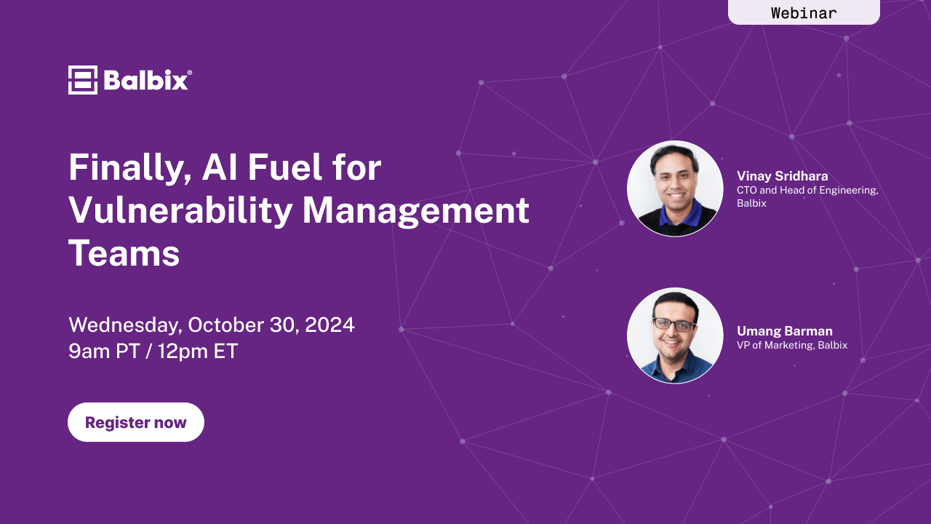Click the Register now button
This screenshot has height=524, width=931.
pos(136,422)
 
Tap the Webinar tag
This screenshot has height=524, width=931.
pos(804,12)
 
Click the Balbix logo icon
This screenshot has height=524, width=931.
pos(83,80)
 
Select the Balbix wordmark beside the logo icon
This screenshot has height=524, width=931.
pos(148,80)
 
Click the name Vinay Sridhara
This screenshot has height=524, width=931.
pos(782,176)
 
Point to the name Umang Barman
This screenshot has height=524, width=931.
pos(785,331)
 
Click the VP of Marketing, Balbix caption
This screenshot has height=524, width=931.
pos(792,345)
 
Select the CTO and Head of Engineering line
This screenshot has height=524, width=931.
pos(807,190)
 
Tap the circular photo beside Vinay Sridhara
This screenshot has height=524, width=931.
pos(675,188)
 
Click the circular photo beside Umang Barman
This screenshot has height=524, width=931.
pos(675,336)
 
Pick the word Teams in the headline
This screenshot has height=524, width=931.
pos(124,253)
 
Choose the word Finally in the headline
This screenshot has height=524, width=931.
pos(129,168)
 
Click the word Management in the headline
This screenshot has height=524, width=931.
pos(415,212)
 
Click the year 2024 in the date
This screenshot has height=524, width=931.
pos(329,325)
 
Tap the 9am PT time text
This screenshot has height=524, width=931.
pos(104,351)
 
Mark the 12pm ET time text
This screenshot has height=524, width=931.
pos(197,351)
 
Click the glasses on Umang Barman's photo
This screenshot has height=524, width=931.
pos(674,324)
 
